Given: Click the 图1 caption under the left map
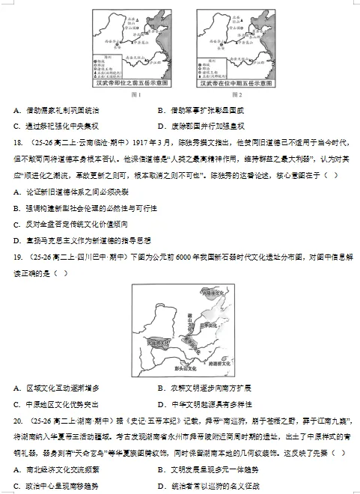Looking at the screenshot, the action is (135, 94).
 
